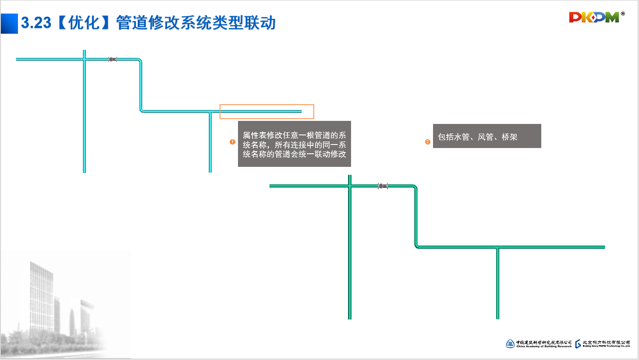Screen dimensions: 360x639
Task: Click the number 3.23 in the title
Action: click(36, 23)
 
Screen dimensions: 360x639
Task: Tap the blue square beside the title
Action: click(9, 24)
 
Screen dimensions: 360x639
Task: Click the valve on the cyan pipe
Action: click(113, 59)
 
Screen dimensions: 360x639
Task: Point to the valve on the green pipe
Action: click(383, 186)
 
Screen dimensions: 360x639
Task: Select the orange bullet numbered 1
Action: click(232, 142)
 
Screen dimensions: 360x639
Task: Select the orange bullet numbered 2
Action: click(428, 142)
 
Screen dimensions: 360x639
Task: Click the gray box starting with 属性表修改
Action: click(294, 144)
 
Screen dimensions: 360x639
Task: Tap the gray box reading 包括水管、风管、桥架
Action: click(486, 136)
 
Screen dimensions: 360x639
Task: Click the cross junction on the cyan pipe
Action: click(84, 59)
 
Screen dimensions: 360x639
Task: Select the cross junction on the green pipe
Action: click(350, 186)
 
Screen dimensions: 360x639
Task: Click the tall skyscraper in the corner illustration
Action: click(42, 293)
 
